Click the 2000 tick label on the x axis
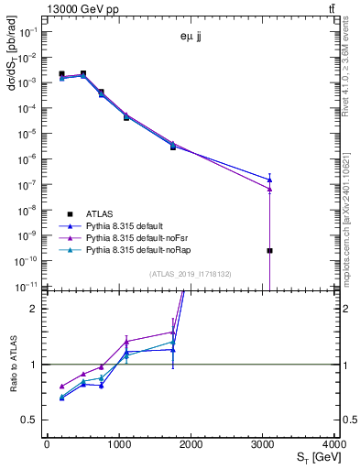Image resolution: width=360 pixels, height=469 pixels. pos(191,444)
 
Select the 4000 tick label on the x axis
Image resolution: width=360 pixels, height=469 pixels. pos(334,444)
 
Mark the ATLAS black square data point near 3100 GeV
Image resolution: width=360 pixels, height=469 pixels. pos(269,250)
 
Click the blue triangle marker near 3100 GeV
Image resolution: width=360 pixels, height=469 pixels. pos(269,180)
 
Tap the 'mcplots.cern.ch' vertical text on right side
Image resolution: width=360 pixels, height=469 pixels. pos(352,229)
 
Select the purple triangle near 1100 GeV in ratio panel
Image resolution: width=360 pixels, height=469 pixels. pos(126,341)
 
